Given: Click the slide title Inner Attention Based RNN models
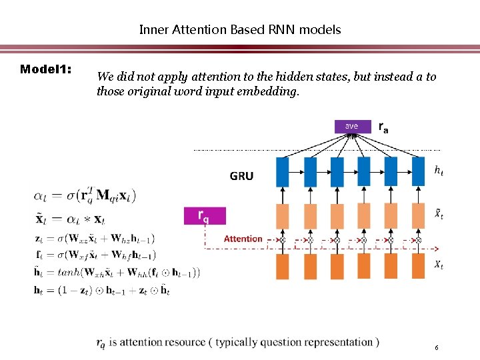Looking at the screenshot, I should [x=239, y=29].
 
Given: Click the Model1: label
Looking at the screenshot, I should [x=46, y=69].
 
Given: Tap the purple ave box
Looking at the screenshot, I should [x=351, y=126].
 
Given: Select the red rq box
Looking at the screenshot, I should [x=204, y=215].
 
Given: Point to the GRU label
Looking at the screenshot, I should [x=241, y=176].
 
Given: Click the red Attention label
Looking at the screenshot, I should [x=243, y=239].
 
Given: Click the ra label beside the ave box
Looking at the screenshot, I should [x=384, y=127].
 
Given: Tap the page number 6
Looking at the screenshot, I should [x=436, y=348].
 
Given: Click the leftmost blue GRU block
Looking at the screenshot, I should [x=283, y=171].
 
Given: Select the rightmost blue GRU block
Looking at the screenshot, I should [x=418, y=171].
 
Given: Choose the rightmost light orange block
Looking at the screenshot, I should [x=418, y=215].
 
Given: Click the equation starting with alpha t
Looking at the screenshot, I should [x=85, y=195].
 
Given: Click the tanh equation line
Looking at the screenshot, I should [x=117, y=272].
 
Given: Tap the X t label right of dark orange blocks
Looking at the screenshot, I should [x=438, y=265].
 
